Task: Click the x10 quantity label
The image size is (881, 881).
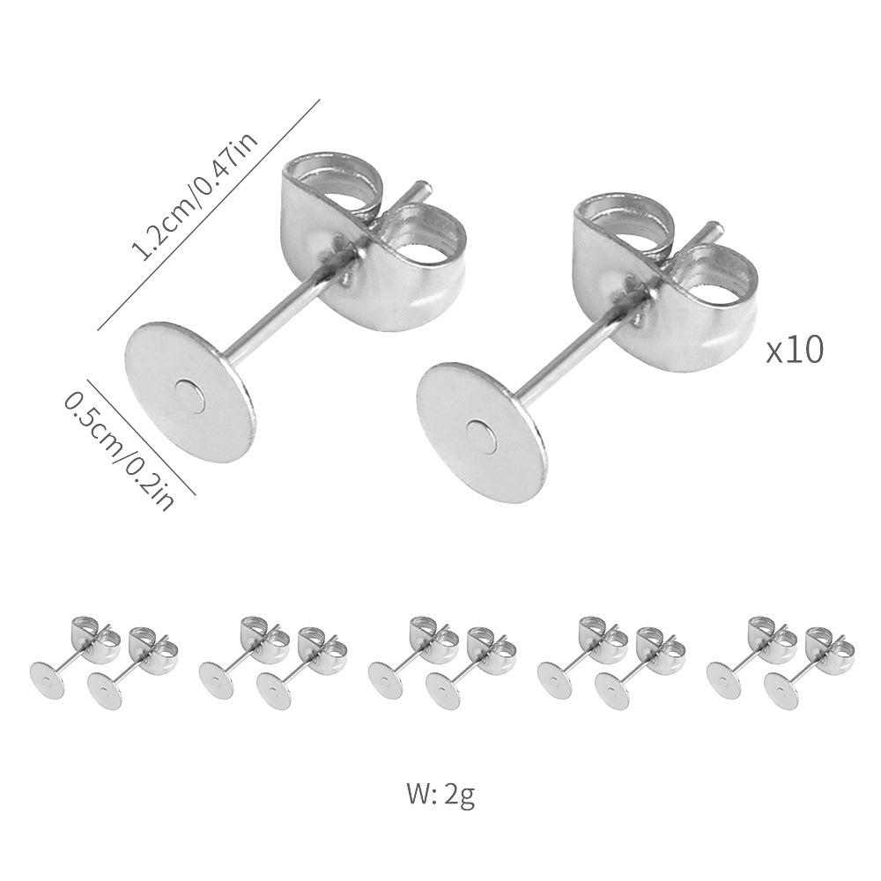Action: click(795, 350)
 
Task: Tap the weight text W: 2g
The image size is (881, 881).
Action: click(441, 796)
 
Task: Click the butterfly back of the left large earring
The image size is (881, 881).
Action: click(374, 238)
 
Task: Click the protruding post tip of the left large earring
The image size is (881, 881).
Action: click(423, 187)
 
